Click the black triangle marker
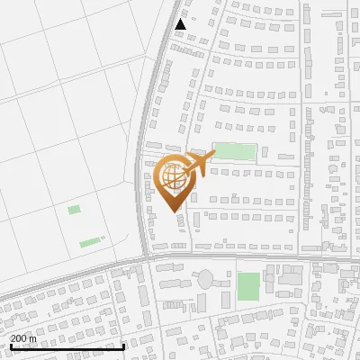tap(180, 24)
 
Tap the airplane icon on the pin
tap(198, 165)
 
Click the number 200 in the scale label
tap(18, 338)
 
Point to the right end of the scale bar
tap(123, 346)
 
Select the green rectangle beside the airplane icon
tap(235, 151)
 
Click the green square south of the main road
tap(247, 287)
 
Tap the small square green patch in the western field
tap(74, 210)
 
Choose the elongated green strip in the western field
tap(89, 242)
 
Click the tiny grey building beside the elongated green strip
tap(105, 238)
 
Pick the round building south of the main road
tap(204, 279)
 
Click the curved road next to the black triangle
tap(167, 36)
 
